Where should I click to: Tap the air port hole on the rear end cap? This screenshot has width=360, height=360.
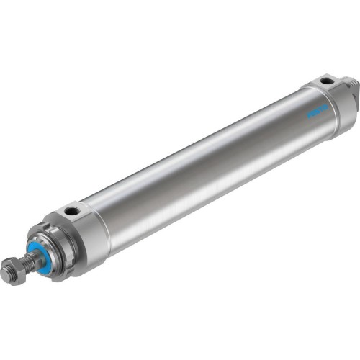click(328, 81)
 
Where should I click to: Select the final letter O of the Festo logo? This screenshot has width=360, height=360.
click(325, 107)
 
